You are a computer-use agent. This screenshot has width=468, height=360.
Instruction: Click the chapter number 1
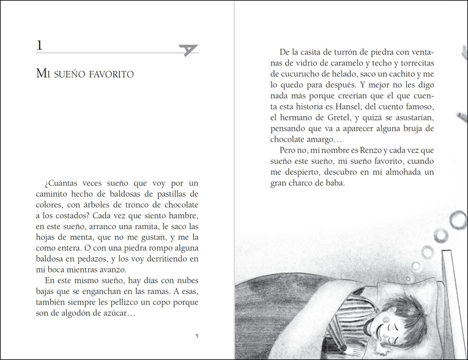pos(39,46)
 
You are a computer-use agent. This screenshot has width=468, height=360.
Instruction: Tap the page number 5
pos(196,336)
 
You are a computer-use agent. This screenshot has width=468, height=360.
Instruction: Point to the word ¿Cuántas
pos(63,183)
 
